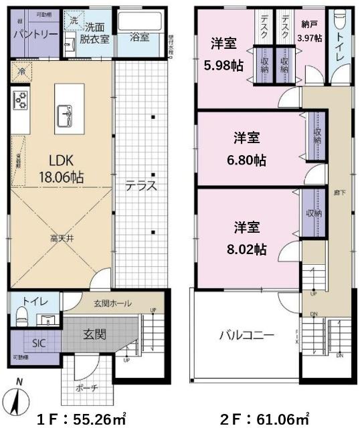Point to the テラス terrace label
click(x=141, y=187)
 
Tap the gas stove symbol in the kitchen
click(x=19, y=101)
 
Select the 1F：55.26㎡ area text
click(x=81, y=419)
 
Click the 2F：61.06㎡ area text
click(x=265, y=419)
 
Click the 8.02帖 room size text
click(x=247, y=249)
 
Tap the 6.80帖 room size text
click(x=247, y=160)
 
